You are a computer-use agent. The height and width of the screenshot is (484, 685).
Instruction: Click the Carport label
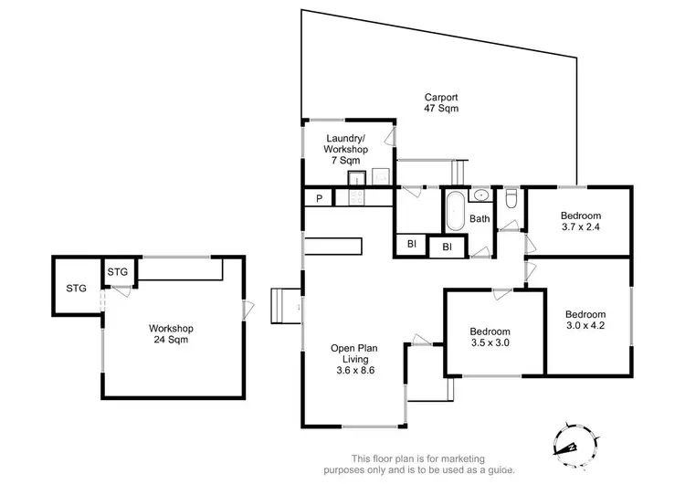pyautogui.click(x=440, y=96)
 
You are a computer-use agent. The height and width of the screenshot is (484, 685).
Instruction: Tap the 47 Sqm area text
pyautogui.click(x=440, y=109)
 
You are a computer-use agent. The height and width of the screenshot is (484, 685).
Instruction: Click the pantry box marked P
pyautogui.click(x=320, y=198)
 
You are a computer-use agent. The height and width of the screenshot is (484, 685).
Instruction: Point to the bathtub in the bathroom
pyautogui.click(x=454, y=210)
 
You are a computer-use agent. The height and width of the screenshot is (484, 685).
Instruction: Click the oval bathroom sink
pyautogui.click(x=480, y=195)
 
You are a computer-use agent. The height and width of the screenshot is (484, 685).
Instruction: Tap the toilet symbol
pyautogui.click(x=511, y=198)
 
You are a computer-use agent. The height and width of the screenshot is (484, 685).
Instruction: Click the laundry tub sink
pyautogui.click(x=354, y=176)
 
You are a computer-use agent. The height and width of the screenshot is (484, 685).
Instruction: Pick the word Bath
pyautogui.click(x=479, y=219)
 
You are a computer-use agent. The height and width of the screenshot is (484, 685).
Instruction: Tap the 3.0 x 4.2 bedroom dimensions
pyautogui.click(x=585, y=323)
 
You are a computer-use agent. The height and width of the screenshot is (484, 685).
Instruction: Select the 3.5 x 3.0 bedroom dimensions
pyautogui.click(x=490, y=343)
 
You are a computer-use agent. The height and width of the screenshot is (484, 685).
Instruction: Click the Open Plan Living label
pyautogui.click(x=355, y=353)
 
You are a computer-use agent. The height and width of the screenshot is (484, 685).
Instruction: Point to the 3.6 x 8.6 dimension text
pyautogui.click(x=355, y=371)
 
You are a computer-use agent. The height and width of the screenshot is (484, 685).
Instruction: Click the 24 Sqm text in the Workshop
pyautogui.click(x=172, y=341)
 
